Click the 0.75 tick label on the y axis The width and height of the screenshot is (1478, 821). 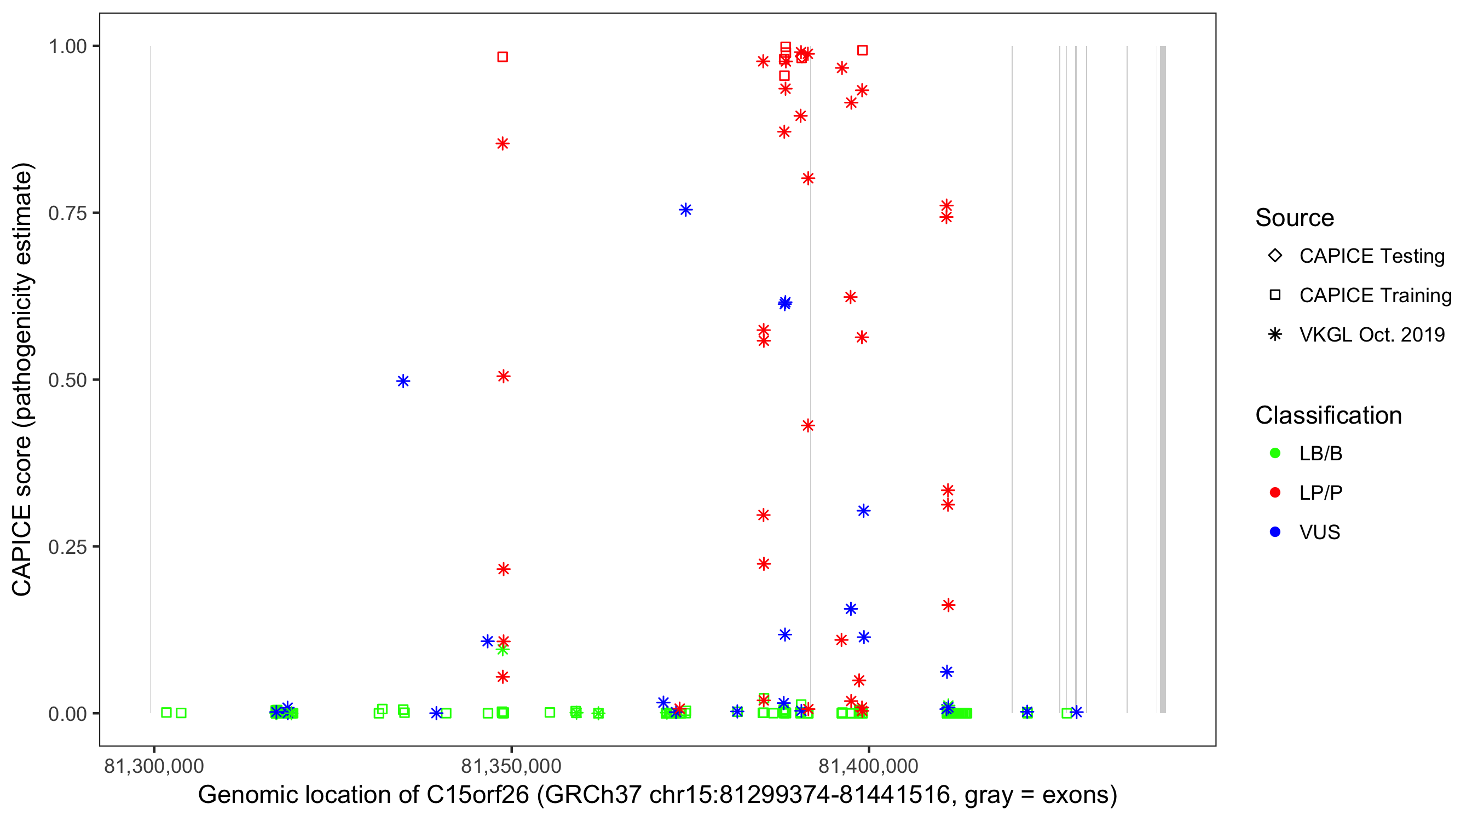click(67, 213)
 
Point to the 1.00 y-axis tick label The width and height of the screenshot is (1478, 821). click(67, 47)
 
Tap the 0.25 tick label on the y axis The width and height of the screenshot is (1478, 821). click(67, 547)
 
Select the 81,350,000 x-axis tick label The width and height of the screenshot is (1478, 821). click(511, 766)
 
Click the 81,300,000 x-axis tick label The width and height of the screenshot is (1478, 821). click(154, 766)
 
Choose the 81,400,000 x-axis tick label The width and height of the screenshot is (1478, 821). click(869, 766)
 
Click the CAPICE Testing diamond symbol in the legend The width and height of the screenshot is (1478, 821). click(1275, 256)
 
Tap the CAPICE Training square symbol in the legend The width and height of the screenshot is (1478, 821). click(1275, 296)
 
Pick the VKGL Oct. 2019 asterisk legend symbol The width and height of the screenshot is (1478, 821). click(1275, 334)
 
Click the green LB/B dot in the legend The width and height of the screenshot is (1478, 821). click(1275, 453)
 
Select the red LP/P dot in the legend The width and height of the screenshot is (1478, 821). click(1275, 493)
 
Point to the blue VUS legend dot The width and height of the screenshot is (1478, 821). click(1275, 532)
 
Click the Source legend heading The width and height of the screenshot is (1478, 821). click(1295, 218)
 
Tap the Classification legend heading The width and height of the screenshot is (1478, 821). click(1328, 415)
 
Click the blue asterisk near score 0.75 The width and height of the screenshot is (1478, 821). click(686, 210)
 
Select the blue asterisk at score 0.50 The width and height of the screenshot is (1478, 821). click(403, 381)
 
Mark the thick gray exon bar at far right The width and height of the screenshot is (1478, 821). click(1163, 379)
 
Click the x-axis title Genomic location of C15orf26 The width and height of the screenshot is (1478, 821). click(657, 795)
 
